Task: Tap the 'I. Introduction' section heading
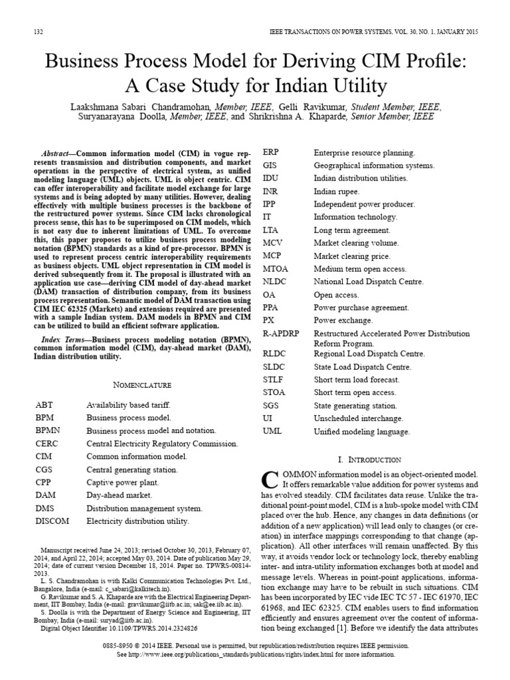[x=369, y=460]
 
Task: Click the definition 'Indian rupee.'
[x=336, y=191]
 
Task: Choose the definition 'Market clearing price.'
[x=352, y=256]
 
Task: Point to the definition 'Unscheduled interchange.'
[x=358, y=418]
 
